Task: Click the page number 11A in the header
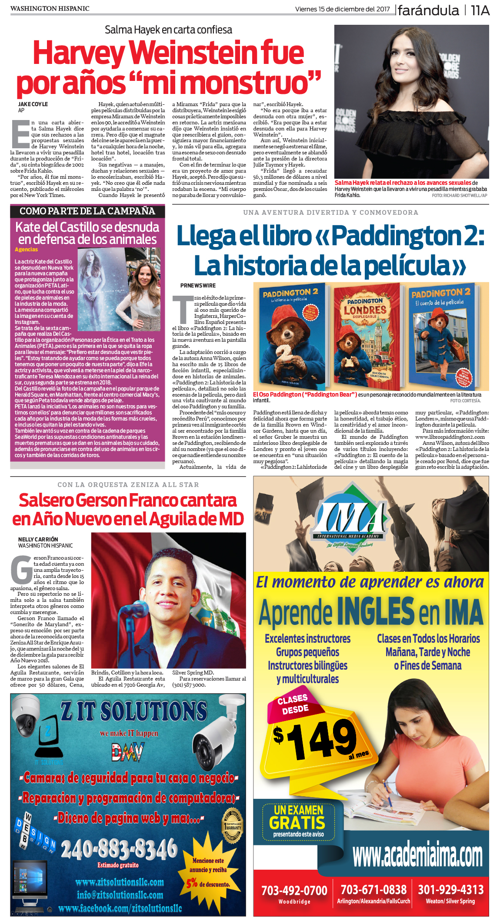[480, 10]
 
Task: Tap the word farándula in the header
[428, 10]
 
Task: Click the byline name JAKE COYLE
[33, 104]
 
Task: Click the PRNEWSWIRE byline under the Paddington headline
[198, 286]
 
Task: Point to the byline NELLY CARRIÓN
[38, 539]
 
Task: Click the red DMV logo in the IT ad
[127, 752]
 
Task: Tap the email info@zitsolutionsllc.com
[120, 895]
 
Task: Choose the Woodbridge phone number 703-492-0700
[294, 890]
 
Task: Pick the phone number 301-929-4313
[450, 889]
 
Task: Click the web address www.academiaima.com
[417, 855]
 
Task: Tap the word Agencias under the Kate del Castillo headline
[26, 250]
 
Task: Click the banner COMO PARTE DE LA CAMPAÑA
[87, 211]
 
